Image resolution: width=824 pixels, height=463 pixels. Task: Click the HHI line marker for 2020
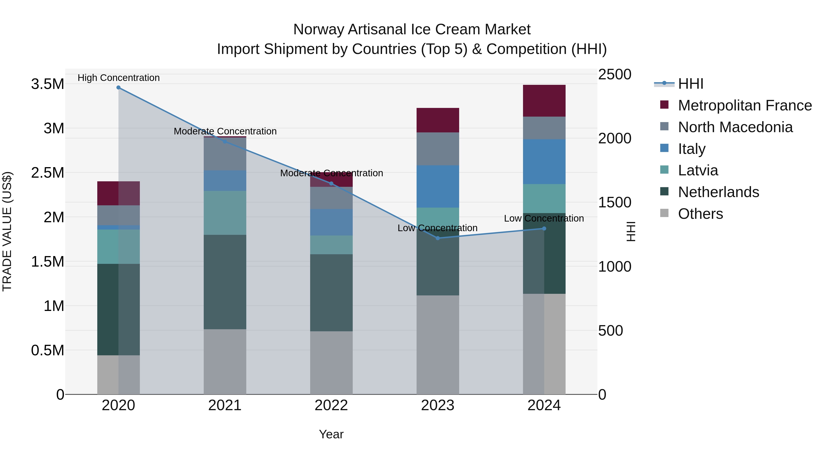pyautogui.click(x=118, y=88)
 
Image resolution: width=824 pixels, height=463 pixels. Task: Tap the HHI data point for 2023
pyautogui.click(x=438, y=238)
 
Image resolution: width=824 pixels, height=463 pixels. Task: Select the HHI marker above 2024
pyautogui.click(x=544, y=228)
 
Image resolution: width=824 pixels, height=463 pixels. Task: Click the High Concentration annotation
pyautogui.click(x=118, y=78)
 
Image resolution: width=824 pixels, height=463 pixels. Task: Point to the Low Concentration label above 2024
pyautogui.click(x=544, y=219)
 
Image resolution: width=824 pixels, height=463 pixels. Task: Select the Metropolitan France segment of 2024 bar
pyautogui.click(x=544, y=101)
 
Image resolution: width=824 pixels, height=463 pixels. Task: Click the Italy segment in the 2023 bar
pyautogui.click(x=438, y=186)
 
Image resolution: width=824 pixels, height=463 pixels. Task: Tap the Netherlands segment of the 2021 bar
pyautogui.click(x=225, y=282)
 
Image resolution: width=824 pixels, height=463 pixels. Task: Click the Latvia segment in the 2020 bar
pyautogui.click(x=118, y=247)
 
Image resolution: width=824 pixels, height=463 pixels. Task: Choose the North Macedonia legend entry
pyautogui.click(x=735, y=127)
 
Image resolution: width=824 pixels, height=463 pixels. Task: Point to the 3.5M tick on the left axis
pyautogui.click(x=47, y=84)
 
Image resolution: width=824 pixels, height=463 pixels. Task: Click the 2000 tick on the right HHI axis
pyautogui.click(x=615, y=138)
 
